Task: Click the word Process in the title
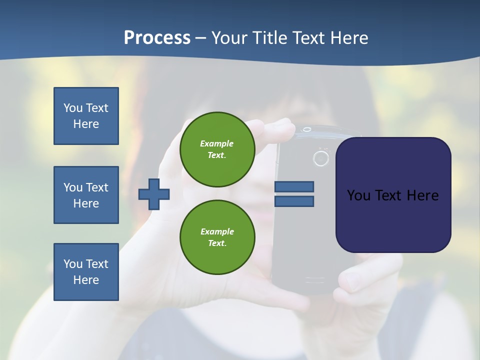point(157,38)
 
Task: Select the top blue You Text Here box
point(86,116)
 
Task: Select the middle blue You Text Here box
point(86,195)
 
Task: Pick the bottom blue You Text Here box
point(86,272)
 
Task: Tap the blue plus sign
point(154,194)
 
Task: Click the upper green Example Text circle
point(217,149)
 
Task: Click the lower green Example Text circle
point(217,237)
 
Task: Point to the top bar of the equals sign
point(294,186)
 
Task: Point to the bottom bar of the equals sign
point(294,201)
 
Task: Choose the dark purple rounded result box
point(393,195)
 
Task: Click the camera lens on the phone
point(321,158)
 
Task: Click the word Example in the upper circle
point(217,143)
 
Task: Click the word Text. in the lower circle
point(217,243)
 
